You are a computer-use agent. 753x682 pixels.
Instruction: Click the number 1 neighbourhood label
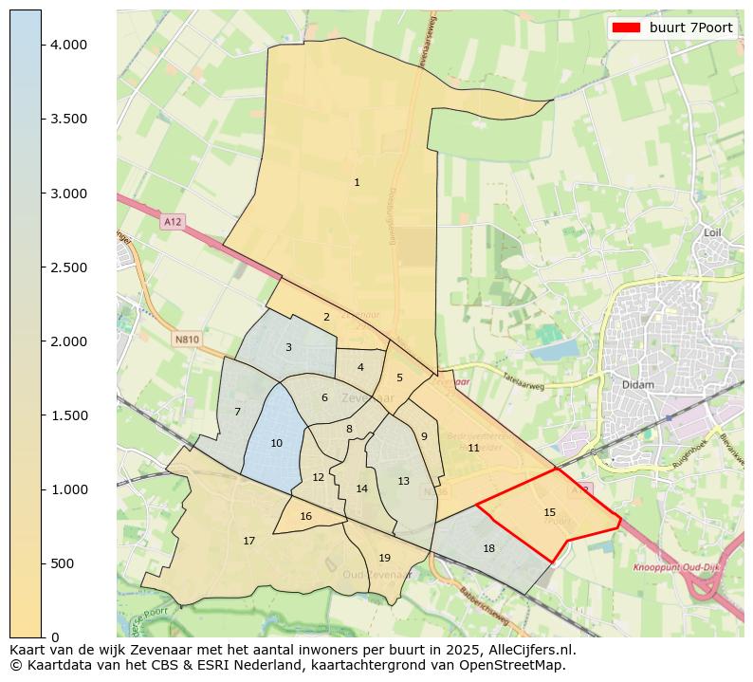(357, 182)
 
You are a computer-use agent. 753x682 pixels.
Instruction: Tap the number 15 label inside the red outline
(549, 512)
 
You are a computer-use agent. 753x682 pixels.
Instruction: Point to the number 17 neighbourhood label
(248, 541)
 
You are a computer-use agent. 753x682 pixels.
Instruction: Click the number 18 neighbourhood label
(488, 548)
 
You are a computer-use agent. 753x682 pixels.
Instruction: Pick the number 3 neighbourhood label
(288, 347)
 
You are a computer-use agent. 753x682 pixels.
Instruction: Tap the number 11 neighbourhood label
(473, 448)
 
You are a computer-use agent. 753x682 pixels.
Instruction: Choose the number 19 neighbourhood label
(384, 558)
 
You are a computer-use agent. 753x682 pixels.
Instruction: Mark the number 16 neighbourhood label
(305, 516)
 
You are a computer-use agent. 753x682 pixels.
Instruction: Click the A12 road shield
(172, 221)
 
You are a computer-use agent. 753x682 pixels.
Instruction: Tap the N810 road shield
(187, 339)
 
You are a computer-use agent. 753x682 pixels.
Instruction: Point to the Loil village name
(713, 231)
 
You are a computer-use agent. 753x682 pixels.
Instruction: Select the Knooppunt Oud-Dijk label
(672, 567)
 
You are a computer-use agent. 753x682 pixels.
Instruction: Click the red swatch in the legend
(627, 28)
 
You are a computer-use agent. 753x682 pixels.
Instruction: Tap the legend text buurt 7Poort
(690, 28)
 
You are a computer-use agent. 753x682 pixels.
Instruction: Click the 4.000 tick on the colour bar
(69, 45)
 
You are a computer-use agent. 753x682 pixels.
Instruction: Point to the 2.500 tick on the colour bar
(69, 267)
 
